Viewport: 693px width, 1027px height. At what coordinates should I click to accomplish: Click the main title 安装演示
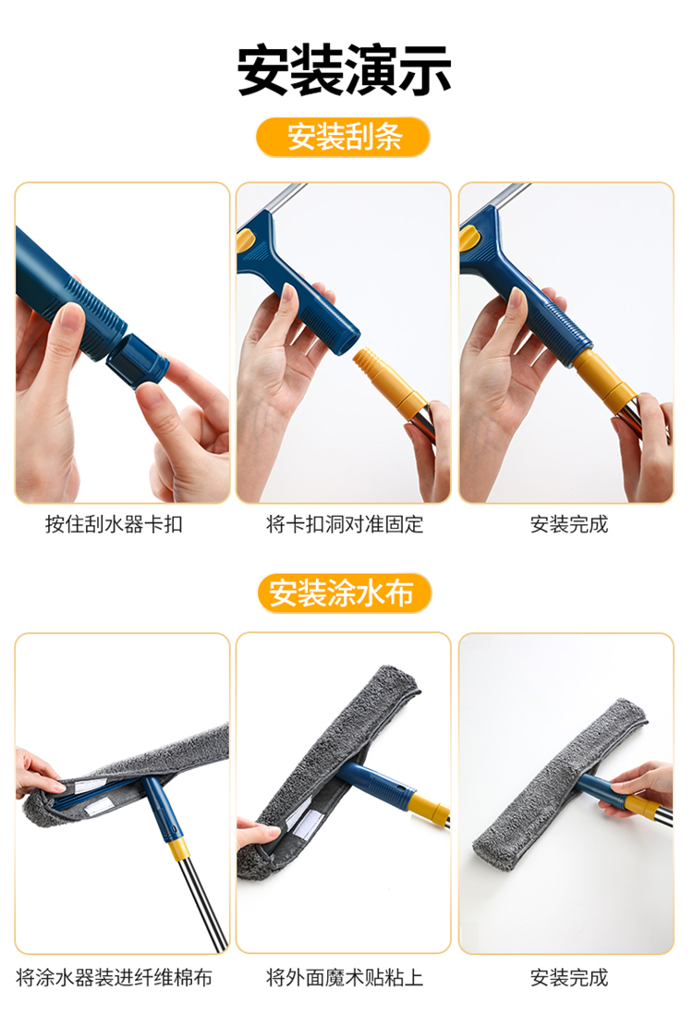click(x=345, y=69)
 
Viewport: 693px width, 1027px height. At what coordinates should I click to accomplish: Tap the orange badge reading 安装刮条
click(x=343, y=137)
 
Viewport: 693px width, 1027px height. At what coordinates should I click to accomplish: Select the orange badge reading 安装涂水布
click(x=345, y=593)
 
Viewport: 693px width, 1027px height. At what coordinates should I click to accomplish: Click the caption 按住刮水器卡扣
click(x=114, y=524)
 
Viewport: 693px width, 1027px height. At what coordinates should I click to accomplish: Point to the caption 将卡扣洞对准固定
click(x=345, y=524)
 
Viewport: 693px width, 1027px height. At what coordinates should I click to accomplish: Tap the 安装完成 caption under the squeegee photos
click(x=568, y=524)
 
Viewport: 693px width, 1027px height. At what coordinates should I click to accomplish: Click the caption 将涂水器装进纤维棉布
click(x=114, y=977)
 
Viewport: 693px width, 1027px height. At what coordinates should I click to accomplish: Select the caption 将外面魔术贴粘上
click(x=345, y=977)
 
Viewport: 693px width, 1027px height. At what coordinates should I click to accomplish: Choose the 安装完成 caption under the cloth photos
click(x=568, y=977)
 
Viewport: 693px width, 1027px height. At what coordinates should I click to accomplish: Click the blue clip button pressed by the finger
click(x=138, y=361)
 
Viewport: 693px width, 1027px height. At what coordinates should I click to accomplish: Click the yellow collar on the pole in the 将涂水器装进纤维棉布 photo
click(x=178, y=850)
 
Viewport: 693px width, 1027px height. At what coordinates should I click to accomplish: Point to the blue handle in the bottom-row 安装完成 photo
click(x=600, y=788)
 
